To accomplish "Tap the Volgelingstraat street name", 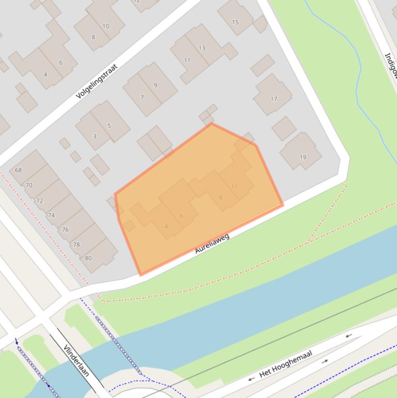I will [97, 81].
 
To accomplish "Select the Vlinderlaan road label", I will [77, 360].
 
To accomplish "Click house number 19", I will [303, 157].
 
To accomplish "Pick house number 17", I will [274, 99].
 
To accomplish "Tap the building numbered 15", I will [235, 22].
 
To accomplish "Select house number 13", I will [202, 48].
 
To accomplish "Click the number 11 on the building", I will [187, 60].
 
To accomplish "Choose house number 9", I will [155, 85].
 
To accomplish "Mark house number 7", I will [142, 97].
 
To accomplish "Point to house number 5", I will [109, 126].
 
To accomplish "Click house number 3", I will [94, 136].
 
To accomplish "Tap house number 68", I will [19, 170].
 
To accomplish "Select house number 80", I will [88, 258].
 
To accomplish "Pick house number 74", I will [51, 215].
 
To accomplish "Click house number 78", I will [76, 244].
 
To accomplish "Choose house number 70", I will [29, 185].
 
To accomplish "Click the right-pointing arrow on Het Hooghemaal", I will [325, 361].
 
